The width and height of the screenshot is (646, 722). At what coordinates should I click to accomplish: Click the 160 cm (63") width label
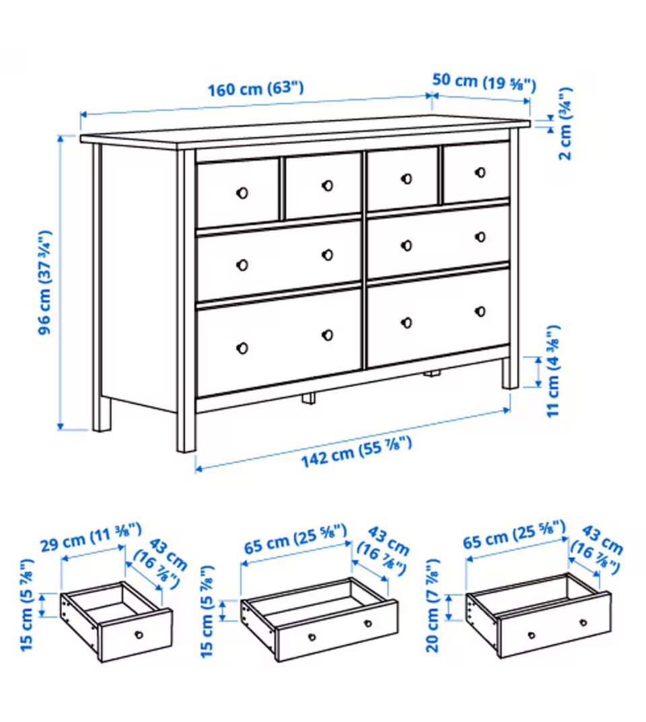pos(256,88)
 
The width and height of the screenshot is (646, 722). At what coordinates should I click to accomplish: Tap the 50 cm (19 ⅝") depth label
pos(484,82)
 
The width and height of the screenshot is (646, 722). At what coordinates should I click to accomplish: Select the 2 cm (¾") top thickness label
pos(565,123)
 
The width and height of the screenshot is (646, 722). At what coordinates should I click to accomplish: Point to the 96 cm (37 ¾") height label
pos(44,282)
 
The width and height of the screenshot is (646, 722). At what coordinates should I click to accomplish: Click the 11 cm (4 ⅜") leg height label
pos(553,371)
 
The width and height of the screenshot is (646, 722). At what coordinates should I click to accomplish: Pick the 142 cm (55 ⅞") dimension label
pos(356,452)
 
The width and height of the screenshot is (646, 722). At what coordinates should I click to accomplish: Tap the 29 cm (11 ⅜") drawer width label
pos(91,537)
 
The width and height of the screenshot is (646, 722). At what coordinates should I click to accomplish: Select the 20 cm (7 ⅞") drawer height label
pos(433,605)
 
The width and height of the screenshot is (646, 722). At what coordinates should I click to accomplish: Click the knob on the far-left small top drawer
pos(242,193)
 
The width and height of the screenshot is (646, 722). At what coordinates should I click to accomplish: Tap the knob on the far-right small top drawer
pos(480,172)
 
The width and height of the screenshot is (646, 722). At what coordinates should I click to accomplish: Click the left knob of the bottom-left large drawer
pos(242,348)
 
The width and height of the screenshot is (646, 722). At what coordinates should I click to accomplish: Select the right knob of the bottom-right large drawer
pos(480,312)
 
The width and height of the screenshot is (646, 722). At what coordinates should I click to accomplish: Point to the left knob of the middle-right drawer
pos(406,246)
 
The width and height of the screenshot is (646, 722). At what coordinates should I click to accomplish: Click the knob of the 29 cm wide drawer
pos(139,635)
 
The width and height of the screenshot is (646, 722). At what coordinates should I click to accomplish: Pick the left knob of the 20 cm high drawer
pos(532,635)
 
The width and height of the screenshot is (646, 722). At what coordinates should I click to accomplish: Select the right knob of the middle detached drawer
pos(368,624)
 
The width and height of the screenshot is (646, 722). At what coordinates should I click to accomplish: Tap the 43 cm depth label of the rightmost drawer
pos(597,550)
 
